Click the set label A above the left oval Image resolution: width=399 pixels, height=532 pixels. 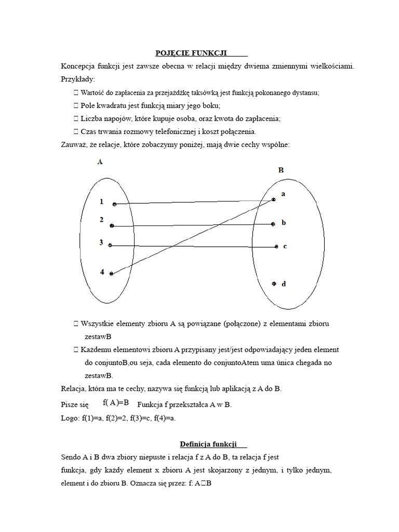click(100, 162)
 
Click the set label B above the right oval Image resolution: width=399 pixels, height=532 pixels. click(281, 169)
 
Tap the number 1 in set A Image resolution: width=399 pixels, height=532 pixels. click(102, 201)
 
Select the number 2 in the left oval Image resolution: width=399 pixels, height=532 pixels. click(102, 220)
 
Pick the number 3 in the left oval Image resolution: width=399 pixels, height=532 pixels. click(101, 242)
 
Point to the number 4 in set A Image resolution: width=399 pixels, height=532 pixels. click(102, 271)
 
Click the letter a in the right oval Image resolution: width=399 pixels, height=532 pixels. click(283, 194)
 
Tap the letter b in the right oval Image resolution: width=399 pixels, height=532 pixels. click(284, 223)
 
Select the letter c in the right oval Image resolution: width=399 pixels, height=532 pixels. click(285, 247)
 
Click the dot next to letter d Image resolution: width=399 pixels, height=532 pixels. click(274, 284)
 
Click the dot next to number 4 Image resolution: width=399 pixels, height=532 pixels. click(111, 273)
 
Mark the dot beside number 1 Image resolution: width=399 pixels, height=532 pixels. click(114, 204)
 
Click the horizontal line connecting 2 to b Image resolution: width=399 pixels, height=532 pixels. click(192, 225)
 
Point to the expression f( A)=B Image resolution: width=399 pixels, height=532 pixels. click(115, 402)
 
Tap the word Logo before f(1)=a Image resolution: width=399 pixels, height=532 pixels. click(69, 417)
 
